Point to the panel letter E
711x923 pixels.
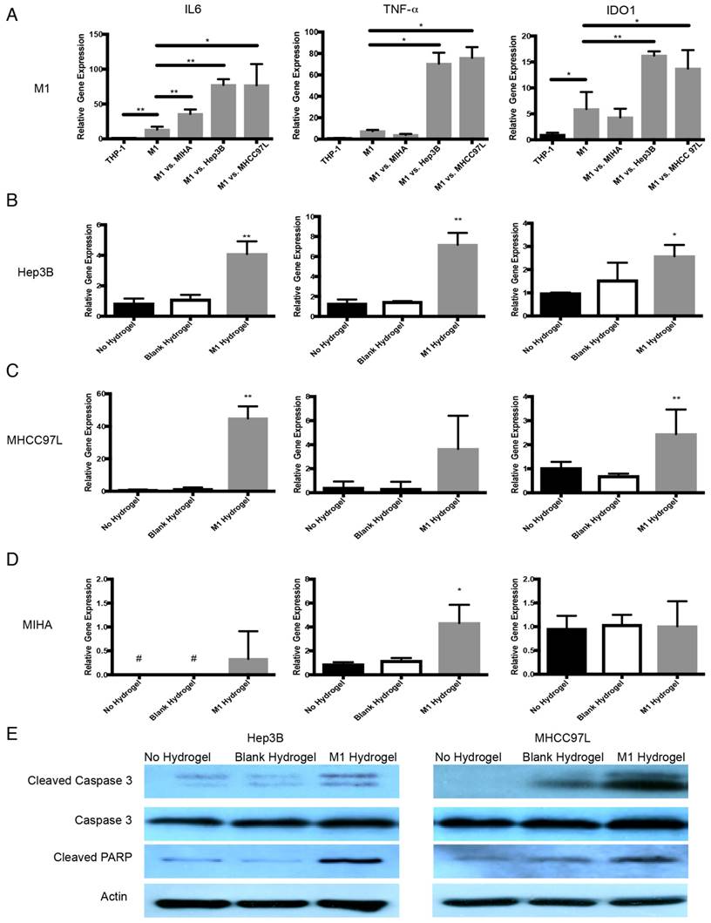pyautogui.click(x=10, y=730)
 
